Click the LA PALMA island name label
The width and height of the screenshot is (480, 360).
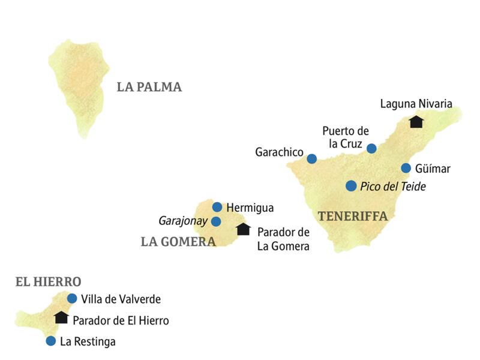point(149,87)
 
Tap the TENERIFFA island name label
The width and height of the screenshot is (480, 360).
point(353,216)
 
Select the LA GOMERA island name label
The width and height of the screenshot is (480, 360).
point(178,242)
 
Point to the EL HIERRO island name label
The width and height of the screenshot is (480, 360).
point(48,281)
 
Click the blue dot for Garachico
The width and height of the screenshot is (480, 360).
point(311,159)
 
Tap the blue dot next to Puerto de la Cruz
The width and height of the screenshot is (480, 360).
point(371,148)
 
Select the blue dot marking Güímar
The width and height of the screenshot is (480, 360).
point(406,168)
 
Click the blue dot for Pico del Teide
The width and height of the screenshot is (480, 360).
point(351,186)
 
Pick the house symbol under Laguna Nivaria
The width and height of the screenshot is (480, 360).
point(416,122)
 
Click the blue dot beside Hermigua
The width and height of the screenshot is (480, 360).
point(217,207)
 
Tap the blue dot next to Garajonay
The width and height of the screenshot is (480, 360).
point(216,221)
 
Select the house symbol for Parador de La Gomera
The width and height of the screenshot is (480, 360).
point(243,229)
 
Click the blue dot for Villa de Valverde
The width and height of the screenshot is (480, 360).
point(72,298)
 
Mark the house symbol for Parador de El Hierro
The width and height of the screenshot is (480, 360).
point(61,317)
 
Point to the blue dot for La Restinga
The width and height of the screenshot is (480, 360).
point(50,341)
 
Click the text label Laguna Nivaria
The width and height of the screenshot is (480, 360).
point(416,104)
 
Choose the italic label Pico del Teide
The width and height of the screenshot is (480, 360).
point(393,187)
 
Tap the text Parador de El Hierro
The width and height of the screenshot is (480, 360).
point(121,320)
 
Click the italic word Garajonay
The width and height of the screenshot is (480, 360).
point(183,221)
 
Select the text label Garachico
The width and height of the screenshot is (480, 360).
point(279,153)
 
